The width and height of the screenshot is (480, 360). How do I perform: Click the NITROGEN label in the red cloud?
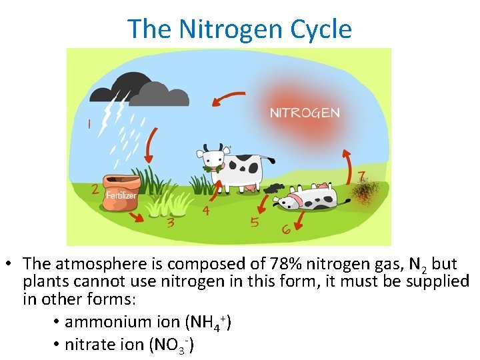pyautogui.click(x=304, y=113)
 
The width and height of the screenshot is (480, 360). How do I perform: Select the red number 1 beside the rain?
pyautogui.click(x=89, y=123)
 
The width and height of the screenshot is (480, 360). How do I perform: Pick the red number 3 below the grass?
pyautogui.click(x=171, y=222)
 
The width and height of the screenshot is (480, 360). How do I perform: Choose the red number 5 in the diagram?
pyautogui.click(x=255, y=222)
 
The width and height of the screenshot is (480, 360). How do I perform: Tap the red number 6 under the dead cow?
pyautogui.click(x=285, y=229)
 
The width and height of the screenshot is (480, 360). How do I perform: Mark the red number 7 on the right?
pyautogui.click(x=361, y=178)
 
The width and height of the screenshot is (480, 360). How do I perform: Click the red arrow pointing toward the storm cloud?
pyautogui.click(x=225, y=100)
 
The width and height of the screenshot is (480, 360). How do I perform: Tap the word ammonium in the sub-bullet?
pyautogui.click(x=103, y=322)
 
